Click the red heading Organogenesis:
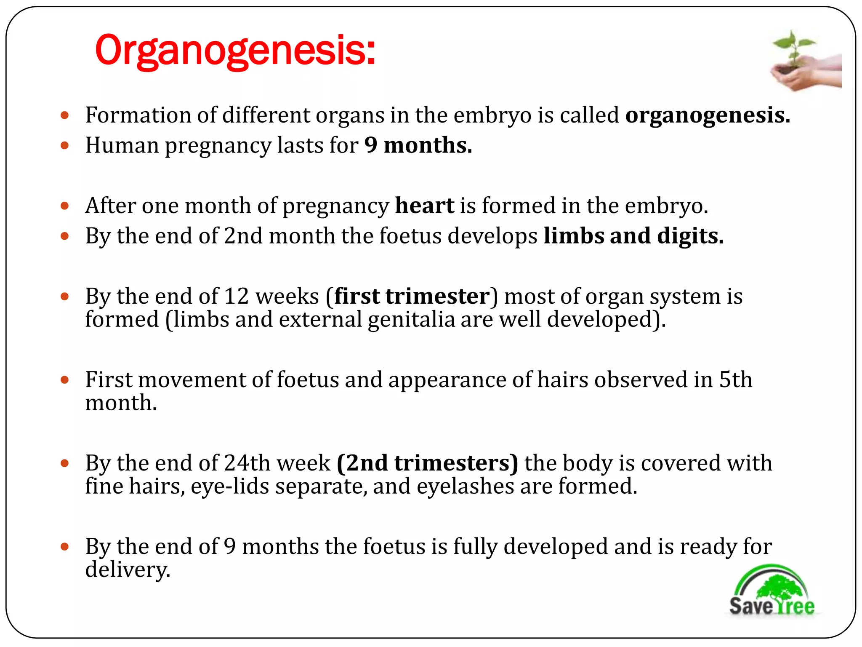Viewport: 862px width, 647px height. [x=235, y=51]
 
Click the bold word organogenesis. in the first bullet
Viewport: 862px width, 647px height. [x=708, y=115]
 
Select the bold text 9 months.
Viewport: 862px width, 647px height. [x=418, y=145]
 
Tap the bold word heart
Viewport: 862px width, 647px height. [x=424, y=206]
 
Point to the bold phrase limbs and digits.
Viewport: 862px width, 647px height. [x=633, y=236]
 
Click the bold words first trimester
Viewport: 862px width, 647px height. [x=412, y=296]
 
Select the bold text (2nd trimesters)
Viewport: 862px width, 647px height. [x=427, y=463]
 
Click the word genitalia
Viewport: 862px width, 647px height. [x=411, y=319]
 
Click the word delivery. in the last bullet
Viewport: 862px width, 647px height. [x=128, y=569]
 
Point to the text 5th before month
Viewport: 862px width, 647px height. [x=735, y=380]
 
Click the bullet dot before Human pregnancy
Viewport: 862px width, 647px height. [x=64, y=146]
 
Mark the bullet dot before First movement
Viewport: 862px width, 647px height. [x=64, y=380]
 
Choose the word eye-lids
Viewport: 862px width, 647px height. [x=230, y=486]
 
